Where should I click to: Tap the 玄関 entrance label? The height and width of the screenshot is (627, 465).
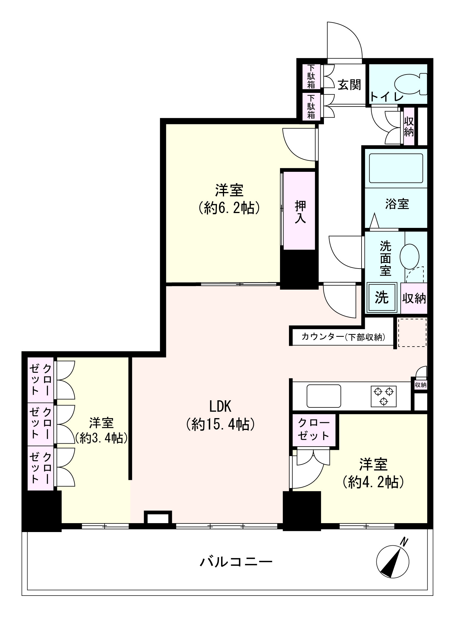(x=350, y=85)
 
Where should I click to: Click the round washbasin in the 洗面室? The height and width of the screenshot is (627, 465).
(x=409, y=256)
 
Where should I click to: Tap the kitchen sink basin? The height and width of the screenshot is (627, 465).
(x=324, y=396)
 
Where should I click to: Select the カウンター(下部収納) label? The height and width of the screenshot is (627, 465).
(x=343, y=337)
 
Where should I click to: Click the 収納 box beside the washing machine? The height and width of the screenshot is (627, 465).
(x=414, y=299)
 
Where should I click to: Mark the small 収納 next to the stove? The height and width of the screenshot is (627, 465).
(x=421, y=385)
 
